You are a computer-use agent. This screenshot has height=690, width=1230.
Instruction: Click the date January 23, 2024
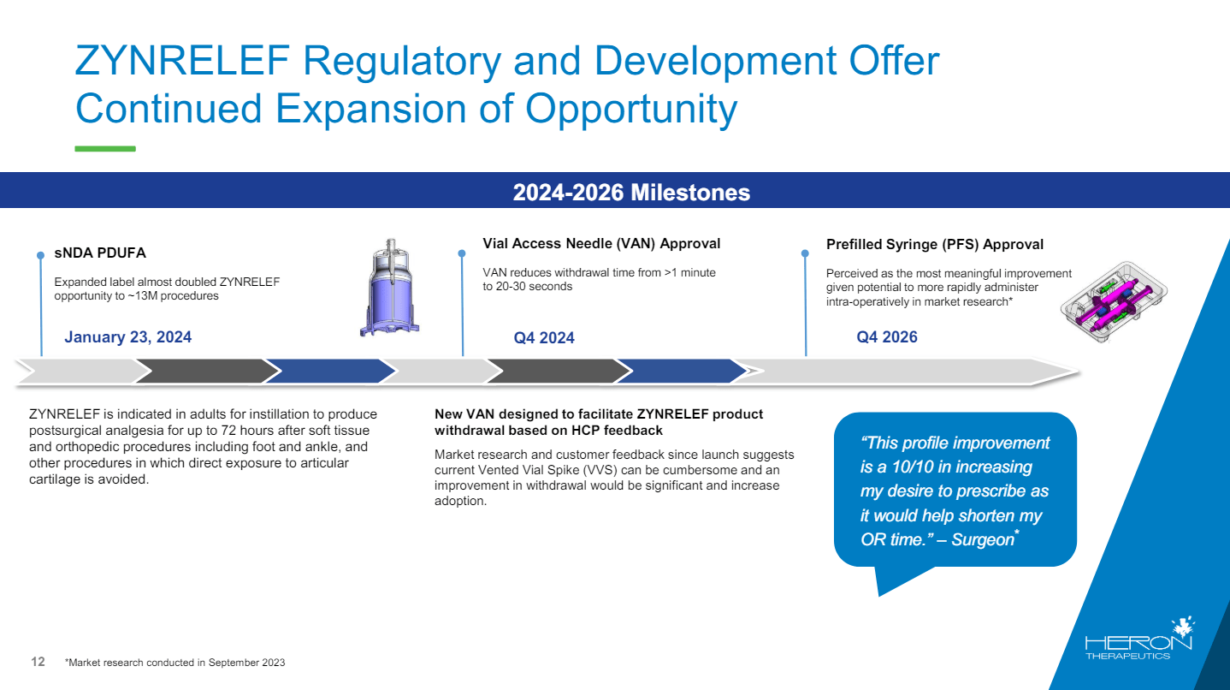(128, 337)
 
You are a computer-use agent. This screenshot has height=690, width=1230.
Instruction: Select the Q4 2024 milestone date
(544, 338)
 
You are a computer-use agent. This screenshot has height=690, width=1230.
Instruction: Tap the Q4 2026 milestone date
(887, 337)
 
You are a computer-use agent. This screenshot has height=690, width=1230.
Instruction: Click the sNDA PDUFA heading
(100, 253)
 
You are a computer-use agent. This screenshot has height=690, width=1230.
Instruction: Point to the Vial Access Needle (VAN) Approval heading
(601, 244)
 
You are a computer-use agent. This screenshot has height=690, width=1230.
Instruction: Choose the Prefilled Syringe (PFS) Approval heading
(935, 245)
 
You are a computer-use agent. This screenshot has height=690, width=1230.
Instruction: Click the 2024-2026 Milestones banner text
(631, 193)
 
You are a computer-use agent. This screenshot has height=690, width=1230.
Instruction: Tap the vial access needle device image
(392, 288)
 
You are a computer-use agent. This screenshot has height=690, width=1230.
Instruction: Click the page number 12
(38, 662)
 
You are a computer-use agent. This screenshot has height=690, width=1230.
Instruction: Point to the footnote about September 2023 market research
(174, 663)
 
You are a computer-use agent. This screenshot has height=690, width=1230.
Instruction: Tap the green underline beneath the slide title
(105, 149)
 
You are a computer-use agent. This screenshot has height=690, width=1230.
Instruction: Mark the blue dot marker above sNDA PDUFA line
(40, 255)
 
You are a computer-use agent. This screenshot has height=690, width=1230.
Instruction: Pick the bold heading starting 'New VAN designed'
(599, 422)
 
